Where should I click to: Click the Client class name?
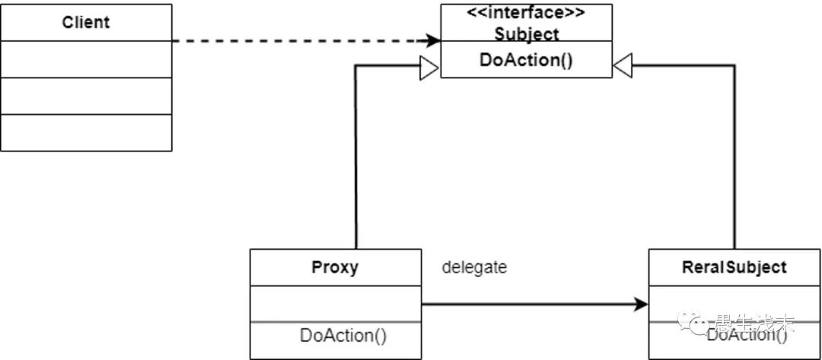pyautogui.click(x=85, y=22)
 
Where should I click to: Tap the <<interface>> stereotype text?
pyautogui.click(x=526, y=13)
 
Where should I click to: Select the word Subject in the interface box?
pyautogui.click(x=526, y=33)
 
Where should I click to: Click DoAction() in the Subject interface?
pyautogui.click(x=526, y=60)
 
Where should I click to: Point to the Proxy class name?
pyautogui.click(x=335, y=267)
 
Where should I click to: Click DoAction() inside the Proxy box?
pyautogui.click(x=343, y=334)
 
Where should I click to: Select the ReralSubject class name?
pyautogui.click(x=734, y=267)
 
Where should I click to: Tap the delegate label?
pyautogui.click(x=474, y=267)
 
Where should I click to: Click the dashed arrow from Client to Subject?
pyautogui.click(x=304, y=40)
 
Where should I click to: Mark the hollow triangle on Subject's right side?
pyautogui.click(x=623, y=68)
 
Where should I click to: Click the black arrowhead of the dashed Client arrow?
pyautogui.click(x=433, y=40)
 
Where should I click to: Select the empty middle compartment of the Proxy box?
pyautogui.click(x=335, y=304)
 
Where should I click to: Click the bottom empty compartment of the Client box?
pyautogui.click(x=85, y=132)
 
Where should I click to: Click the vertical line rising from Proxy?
pyautogui.click(x=355, y=160)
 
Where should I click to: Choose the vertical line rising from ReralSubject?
pyautogui.click(x=734, y=160)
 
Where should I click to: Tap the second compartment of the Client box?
pyautogui.click(x=85, y=59)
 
